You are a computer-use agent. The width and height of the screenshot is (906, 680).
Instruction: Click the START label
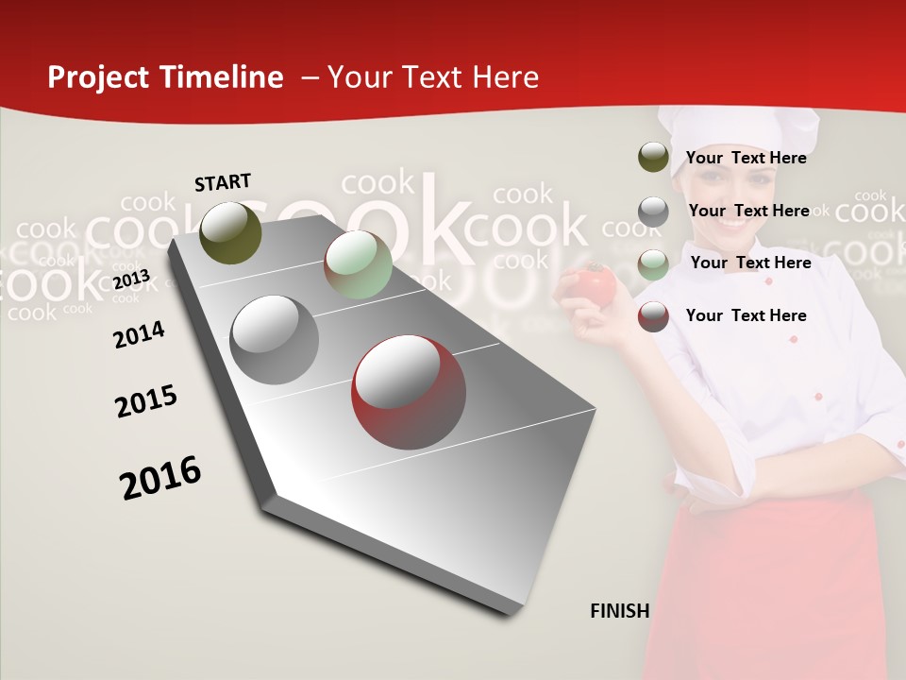pos(223,181)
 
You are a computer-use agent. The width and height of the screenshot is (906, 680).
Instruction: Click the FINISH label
pos(619,611)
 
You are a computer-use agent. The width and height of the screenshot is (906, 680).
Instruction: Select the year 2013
pos(131,279)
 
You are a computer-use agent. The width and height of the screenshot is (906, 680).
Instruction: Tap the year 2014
pos(139,334)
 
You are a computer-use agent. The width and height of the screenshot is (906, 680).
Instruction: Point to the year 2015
pos(146,400)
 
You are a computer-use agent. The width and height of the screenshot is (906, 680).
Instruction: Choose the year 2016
pos(160,477)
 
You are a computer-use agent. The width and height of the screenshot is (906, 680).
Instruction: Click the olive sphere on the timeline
pos(231,232)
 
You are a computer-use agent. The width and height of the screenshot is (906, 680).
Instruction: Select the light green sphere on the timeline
pos(358,264)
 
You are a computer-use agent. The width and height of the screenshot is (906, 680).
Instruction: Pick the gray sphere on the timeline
pos(274,339)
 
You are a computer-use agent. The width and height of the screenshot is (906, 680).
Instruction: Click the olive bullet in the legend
pos(653,157)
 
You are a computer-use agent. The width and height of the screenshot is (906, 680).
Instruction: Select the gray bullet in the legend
pos(653,211)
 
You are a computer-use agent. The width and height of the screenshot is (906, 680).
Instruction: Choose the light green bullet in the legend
pos(653,263)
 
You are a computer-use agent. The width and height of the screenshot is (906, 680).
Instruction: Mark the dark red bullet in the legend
pos(653,316)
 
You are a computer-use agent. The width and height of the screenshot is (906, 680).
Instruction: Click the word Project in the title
pos(99,77)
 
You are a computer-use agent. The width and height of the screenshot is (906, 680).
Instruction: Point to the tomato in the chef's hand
pos(595,283)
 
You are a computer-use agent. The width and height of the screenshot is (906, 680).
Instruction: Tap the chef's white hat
pos(736,132)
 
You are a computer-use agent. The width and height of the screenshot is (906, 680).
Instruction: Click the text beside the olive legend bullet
pos(746,158)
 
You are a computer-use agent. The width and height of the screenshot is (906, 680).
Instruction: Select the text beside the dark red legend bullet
pos(746,315)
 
